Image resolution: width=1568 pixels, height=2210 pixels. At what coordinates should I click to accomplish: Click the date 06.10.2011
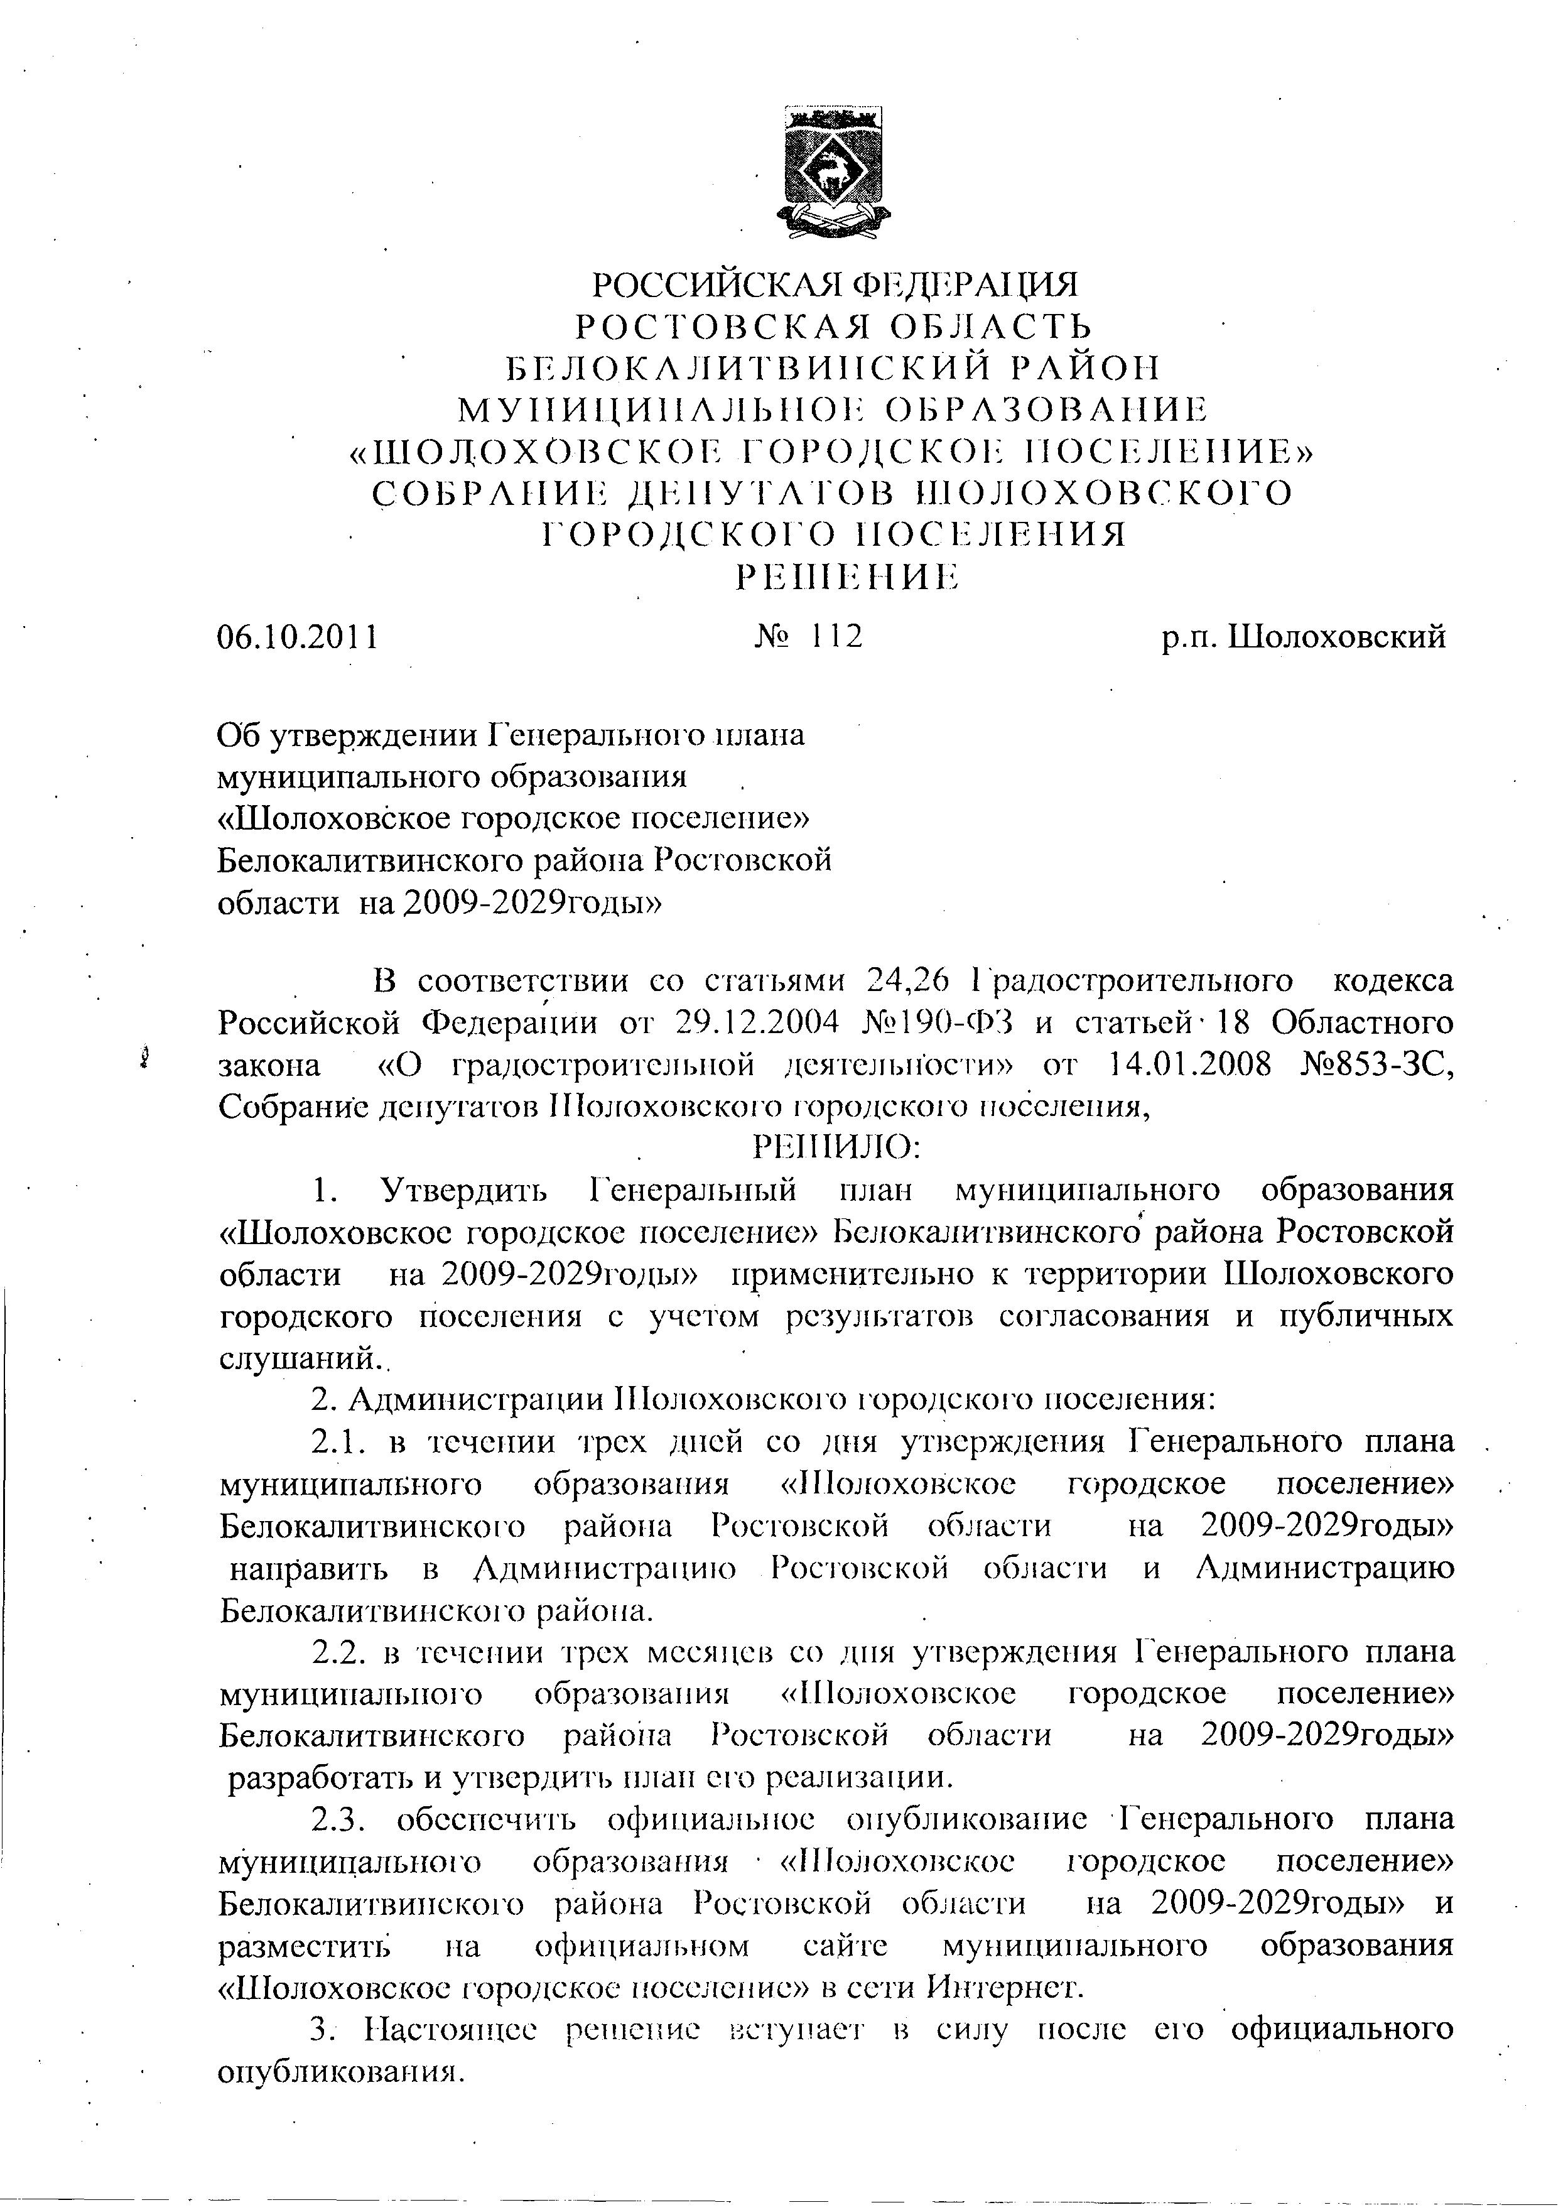point(298,637)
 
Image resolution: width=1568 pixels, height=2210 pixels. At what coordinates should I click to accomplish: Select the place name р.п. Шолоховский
point(1304,637)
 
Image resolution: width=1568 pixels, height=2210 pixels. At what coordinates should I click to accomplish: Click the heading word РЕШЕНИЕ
point(846,577)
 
